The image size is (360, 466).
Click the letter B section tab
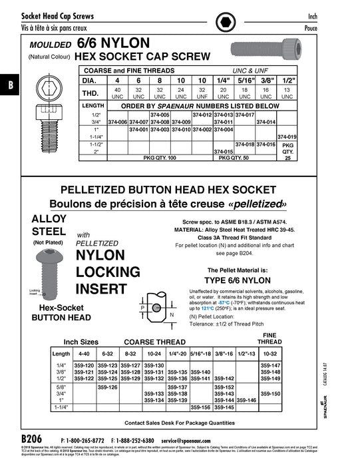point(10,85)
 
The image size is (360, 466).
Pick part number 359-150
point(271,394)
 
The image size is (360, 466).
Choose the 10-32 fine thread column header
point(271,354)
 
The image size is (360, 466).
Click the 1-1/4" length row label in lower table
point(61,407)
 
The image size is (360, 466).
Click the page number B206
point(31,441)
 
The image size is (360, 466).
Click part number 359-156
point(200,407)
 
